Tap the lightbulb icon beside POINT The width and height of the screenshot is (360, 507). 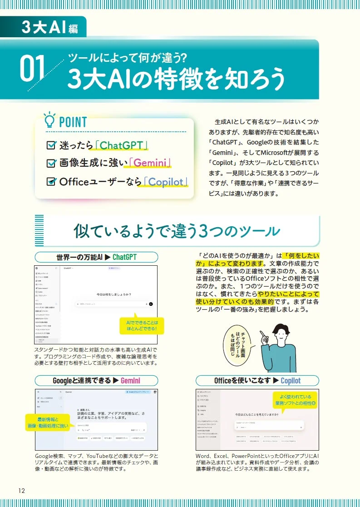click(49, 121)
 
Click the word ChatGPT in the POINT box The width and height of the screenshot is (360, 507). click(122, 145)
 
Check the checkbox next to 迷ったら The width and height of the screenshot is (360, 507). click(51, 145)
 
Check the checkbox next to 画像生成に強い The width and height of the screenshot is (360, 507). click(51, 164)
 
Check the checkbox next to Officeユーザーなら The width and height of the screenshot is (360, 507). click(51, 182)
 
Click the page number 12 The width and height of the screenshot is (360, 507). click(21, 490)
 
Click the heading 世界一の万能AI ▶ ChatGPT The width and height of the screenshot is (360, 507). click(96, 257)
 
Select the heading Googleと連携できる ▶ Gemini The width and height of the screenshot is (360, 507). click(96, 381)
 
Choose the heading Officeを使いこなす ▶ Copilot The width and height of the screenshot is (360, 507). click(257, 381)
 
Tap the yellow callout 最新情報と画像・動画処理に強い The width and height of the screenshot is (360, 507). click(47, 422)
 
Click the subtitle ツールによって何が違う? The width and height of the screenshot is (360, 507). click(128, 57)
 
